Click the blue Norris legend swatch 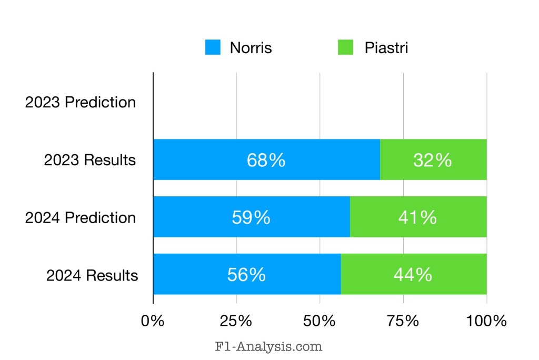pos(213,47)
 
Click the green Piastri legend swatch pos(345,47)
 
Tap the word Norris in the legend pos(251,48)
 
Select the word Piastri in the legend pos(386,48)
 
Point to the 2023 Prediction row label pos(81,102)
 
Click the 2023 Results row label pos(90,160)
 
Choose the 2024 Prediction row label pos(81,217)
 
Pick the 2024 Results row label pos(92,275)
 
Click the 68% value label pos(266,160)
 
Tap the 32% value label pos(432,160)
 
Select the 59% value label pos(251,217)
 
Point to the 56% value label pos(246,275)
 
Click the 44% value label pos(413,275)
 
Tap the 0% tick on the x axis pos(153,321)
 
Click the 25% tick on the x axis pos(236,321)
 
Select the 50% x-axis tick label pos(320,321)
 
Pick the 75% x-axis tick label pos(403,321)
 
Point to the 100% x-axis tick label pos(486,321)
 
